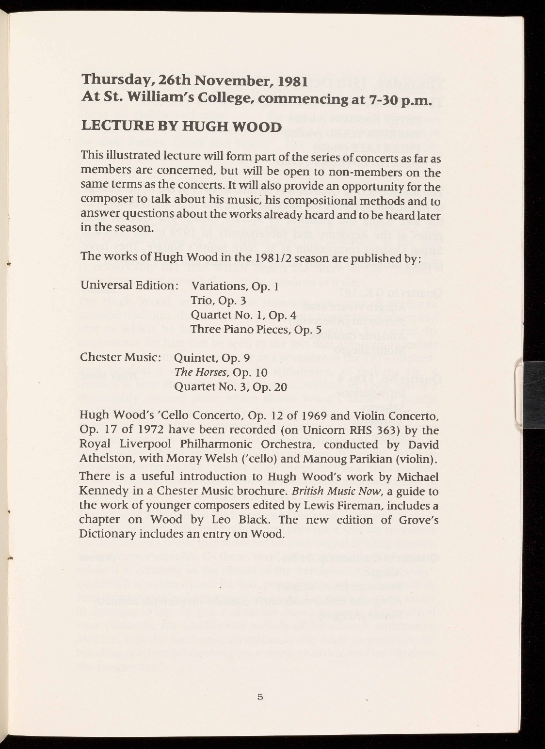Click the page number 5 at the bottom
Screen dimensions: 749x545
260,698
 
